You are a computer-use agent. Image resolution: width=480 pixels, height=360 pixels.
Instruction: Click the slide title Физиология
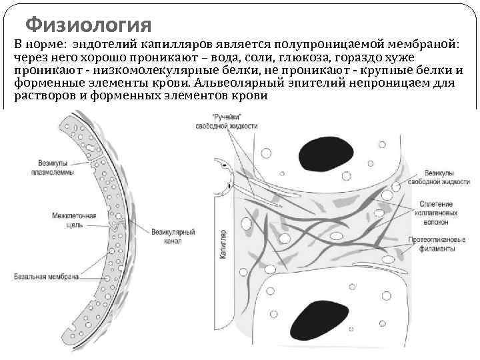(x=89, y=26)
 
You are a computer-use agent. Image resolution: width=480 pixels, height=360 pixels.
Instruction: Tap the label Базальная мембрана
(x=48, y=276)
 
